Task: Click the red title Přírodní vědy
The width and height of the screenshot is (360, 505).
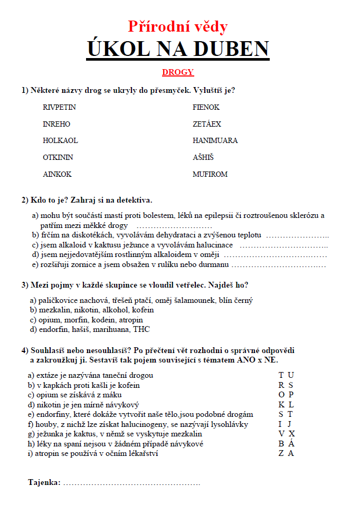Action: [x=178, y=26]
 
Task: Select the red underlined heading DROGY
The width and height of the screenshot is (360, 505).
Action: [x=178, y=72]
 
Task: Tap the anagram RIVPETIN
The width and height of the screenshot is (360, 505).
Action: [x=59, y=107]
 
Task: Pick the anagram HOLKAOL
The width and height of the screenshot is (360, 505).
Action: [x=60, y=141]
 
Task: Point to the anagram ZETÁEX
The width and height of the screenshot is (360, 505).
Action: [x=207, y=124]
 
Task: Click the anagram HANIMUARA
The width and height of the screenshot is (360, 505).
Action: [x=215, y=141]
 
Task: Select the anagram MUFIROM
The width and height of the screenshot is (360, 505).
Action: [x=210, y=174]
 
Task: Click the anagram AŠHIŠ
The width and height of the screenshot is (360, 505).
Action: [x=203, y=157]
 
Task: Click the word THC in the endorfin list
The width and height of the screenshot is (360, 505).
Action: [x=141, y=329]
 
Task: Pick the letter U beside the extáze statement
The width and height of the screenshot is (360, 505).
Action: [x=291, y=375]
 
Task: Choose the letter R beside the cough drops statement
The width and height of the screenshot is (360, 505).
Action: [x=281, y=385]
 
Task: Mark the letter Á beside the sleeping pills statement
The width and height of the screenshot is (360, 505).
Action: [x=291, y=444]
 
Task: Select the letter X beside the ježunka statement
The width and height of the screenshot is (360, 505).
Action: [x=291, y=434]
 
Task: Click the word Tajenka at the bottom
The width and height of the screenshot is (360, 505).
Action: [x=44, y=482]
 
